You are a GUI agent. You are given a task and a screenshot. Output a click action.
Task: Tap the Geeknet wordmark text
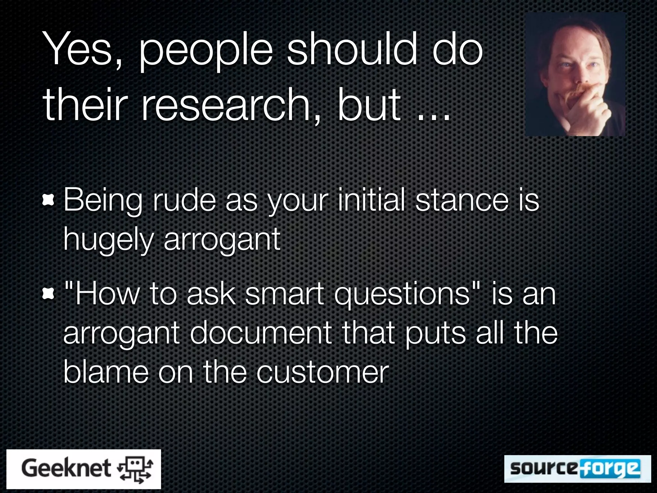click(66, 468)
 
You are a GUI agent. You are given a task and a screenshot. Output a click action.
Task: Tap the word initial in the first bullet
click(372, 201)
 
